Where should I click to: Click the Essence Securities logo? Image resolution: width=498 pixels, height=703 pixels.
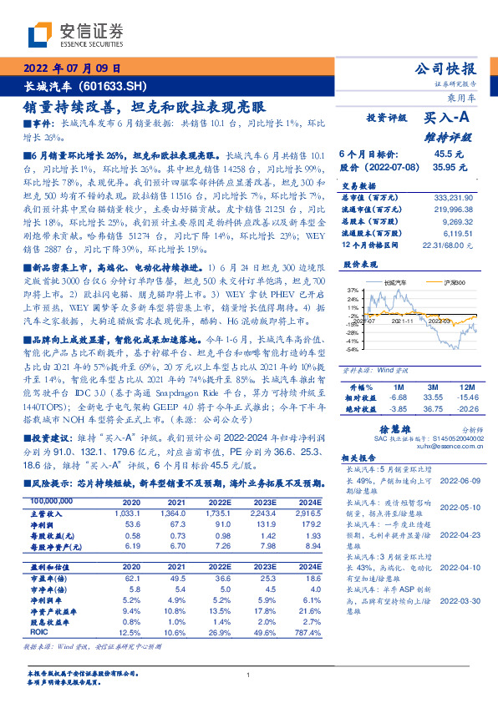coord(76,34)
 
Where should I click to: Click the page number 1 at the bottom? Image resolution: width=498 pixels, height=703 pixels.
coord(248,675)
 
